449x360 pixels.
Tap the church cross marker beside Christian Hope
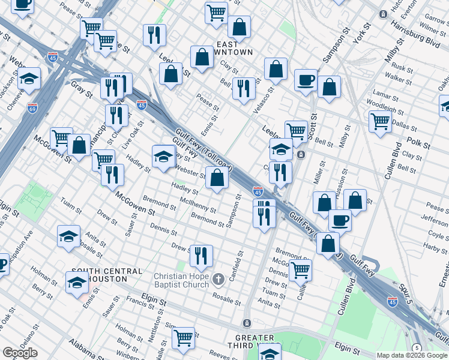(218, 279)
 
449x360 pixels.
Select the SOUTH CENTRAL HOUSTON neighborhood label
(107, 275)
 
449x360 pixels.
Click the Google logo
(20, 353)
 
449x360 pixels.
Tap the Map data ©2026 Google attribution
(412, 355)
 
